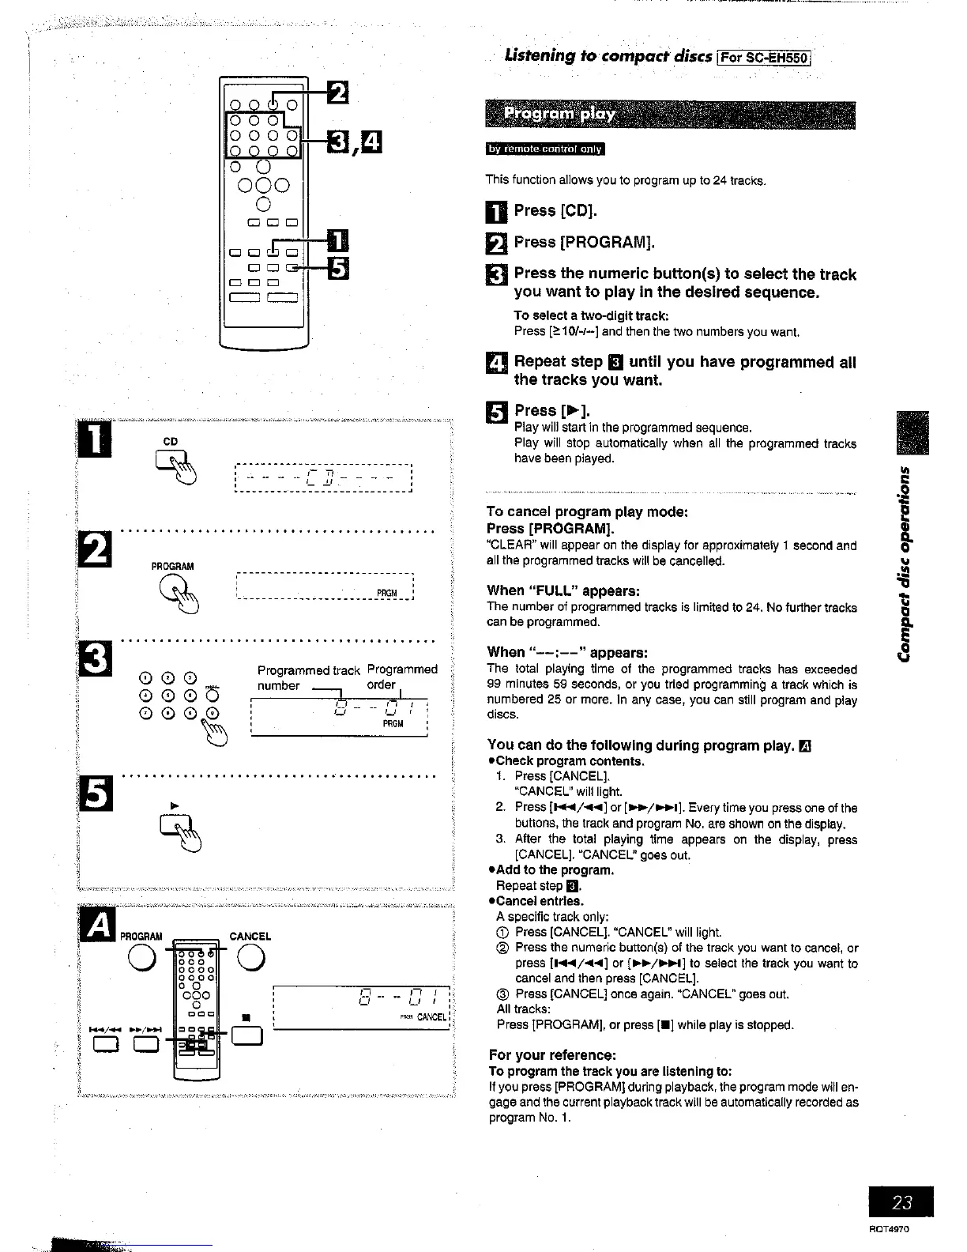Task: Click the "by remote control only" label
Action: pos(544,149)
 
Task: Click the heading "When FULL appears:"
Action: pos(563,590)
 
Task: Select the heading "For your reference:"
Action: pos(552,1055)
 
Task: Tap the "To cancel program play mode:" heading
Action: pos(588,511)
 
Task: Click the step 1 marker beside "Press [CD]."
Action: pos(495,212)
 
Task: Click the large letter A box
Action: pos(98,926)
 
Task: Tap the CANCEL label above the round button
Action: pos(250,936)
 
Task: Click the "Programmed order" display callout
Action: pos(401,677)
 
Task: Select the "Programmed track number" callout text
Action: pos(308,677)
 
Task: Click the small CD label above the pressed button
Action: pos(170,441)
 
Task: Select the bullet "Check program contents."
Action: pos(570,761)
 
